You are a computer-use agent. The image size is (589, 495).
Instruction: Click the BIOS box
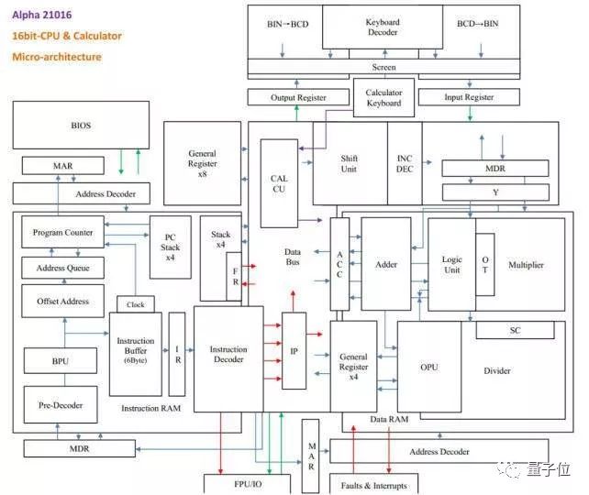[x=81, y=126]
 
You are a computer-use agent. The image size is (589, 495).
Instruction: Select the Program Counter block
[x=63, y=233]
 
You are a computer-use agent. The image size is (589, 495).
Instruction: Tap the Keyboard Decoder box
[x=382, y=27]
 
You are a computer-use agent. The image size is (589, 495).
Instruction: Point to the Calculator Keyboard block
[x=383, y=97]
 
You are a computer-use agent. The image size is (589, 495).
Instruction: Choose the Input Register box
[x=468, y=97]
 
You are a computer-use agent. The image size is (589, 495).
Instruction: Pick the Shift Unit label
[x=349, y=164]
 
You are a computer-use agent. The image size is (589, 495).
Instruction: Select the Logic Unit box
[x=451, y=265]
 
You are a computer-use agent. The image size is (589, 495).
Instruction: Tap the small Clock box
[x=135, y=304]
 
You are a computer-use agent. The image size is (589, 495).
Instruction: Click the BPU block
[x=60, y=362]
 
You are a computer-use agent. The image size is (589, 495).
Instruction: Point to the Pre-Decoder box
[x=60, y=404]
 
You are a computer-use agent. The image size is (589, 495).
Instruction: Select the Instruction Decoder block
[x=228, y=356]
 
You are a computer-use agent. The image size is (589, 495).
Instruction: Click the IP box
[x=294, y=350]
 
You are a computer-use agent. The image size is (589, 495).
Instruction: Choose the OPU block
[x=428, y=368]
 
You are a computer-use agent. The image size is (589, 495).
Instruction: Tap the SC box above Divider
[x=515, y=330]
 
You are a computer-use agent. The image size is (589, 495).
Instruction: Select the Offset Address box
[x=63, y=301]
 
